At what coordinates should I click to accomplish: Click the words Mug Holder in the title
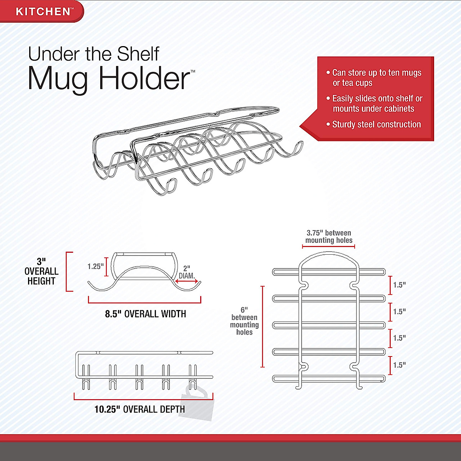pos(109,79)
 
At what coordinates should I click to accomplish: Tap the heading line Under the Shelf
pos(93,54)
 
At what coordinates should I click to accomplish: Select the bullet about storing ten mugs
pos(375,78)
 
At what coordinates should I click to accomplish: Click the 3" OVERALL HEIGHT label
pos(41,271)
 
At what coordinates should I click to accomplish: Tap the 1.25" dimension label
pos(95,266)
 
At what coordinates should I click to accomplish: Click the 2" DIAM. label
pos(187,272)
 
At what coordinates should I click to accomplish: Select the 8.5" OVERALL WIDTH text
pos(145,314)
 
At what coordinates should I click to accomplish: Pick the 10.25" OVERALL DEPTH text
pos(139,409)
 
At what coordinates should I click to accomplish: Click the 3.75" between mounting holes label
pos(328,237)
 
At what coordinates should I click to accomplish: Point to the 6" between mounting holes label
pos(244,321)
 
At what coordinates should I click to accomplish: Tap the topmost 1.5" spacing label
pos(399,285)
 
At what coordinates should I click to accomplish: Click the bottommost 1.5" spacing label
pos(399,365)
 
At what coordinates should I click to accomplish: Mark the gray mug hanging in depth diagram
pos(198,403)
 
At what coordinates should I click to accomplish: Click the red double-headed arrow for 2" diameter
pos(188,281)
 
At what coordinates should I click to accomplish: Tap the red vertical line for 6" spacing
pos(263,327)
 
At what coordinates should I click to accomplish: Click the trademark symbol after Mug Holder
pos(193,71)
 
